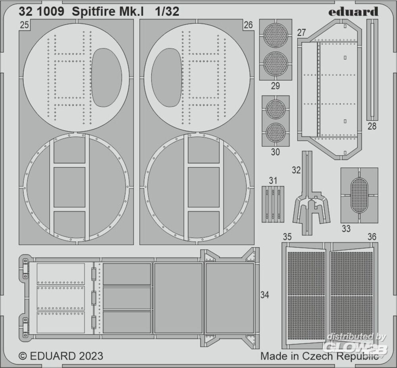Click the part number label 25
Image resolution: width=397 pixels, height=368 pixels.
(24, 25)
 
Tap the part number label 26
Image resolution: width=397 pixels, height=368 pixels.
(249, 25)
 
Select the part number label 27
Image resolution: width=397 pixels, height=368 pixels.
(302, 33)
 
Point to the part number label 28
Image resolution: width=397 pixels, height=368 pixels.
(372, 126)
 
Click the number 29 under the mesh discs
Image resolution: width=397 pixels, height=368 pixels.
(276, 86)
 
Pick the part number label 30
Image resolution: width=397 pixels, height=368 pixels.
(276, 152)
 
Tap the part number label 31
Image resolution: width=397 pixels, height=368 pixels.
(273, 181)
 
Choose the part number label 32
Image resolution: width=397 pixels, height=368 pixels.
(296, 170)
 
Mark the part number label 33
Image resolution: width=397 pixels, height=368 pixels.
(346, 229)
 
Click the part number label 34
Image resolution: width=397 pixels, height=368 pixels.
(264, 295)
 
